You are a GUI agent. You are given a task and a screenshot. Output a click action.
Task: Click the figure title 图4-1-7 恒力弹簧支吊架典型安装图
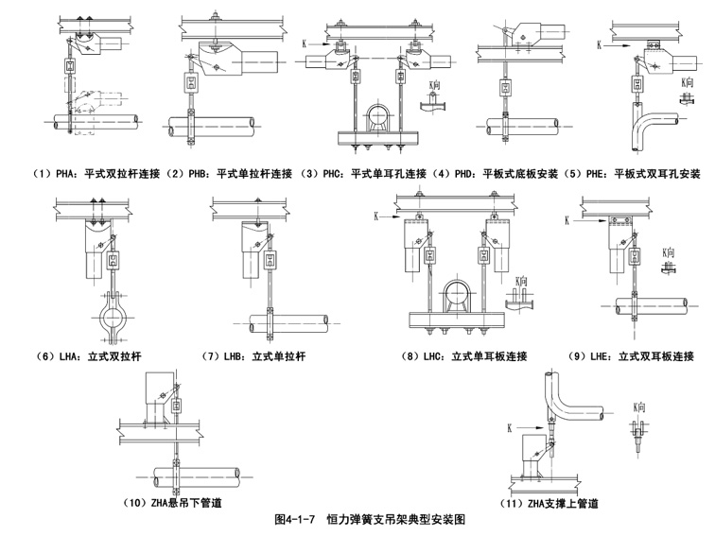[x=369, y=519]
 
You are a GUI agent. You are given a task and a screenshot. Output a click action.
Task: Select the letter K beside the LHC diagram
[x=377, y=216]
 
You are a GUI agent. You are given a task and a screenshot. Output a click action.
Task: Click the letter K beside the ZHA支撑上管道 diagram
[x=510, y=428]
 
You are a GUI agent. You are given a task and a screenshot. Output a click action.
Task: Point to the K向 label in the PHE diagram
[x=690, y=83]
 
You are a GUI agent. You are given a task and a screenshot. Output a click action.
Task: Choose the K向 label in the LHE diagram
[x=669, y=253]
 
